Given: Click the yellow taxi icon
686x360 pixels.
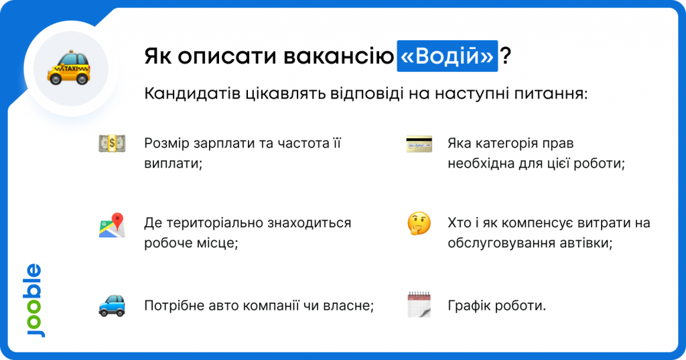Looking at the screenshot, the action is (x=69, y=68).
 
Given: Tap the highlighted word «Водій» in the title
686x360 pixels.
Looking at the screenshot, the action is (x=447, y=56).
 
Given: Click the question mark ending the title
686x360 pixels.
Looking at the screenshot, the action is (x=506, y=56).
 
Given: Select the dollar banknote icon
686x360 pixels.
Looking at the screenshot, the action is (x=112, y=143).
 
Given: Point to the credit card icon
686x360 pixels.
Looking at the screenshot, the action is (x=419, y=144).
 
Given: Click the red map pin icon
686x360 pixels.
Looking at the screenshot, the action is (x=112, y=225).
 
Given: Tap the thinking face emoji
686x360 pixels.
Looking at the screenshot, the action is (x=419, y=223).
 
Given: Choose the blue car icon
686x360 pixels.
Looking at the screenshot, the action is (x=112, y=305).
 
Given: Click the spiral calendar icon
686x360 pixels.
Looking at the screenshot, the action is (x=419, y=304).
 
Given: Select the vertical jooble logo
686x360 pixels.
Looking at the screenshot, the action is (x=34, y=300).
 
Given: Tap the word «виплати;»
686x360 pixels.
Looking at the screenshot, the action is (x=174, y=164).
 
